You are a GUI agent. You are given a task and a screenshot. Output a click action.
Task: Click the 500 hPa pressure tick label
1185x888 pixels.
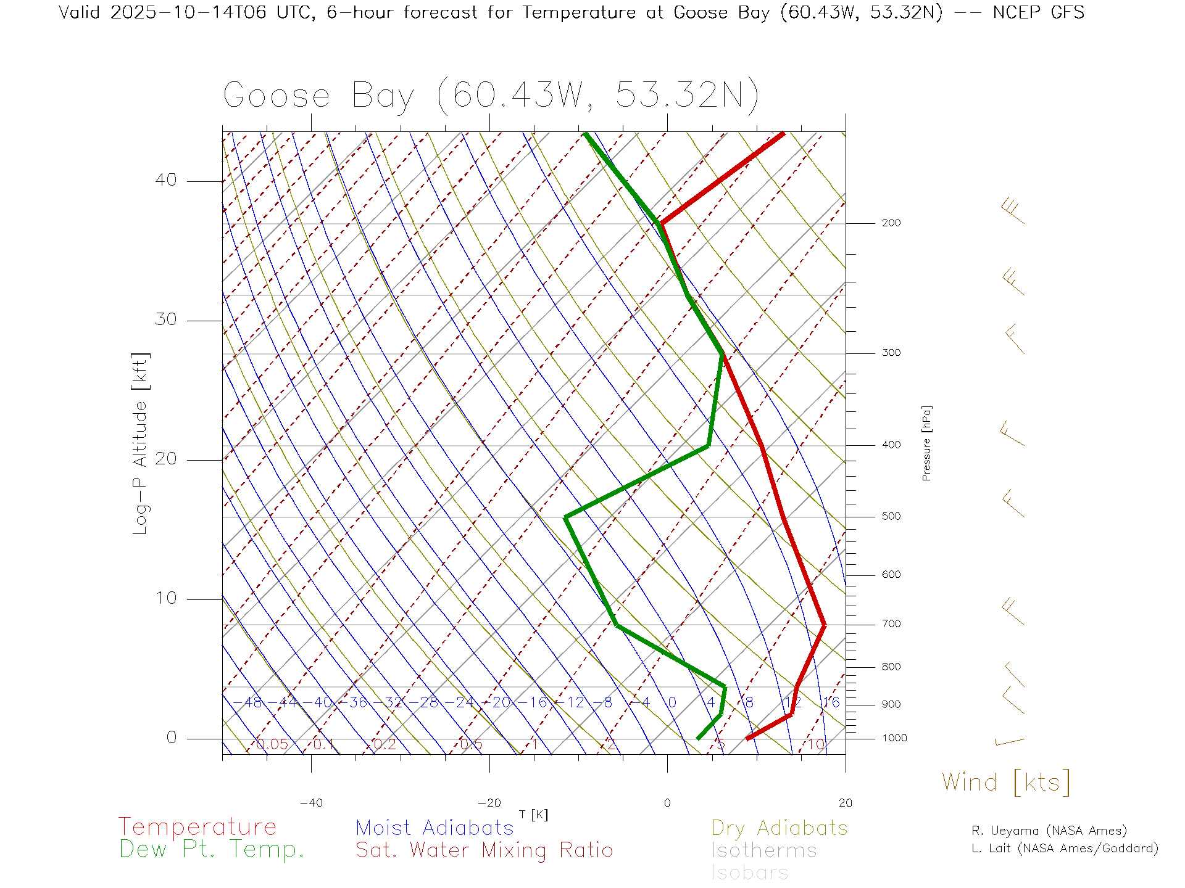pyautogui.click(x=891, y=516)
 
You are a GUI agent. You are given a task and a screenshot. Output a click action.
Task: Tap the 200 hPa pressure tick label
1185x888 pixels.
pyautogui.click(x=891, y=223)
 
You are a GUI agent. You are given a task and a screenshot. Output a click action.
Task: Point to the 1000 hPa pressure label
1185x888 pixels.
pyautogui.click(x=894, y=738)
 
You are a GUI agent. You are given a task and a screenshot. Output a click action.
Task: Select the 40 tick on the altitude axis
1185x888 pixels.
pyautogui.click(x=165, y=180)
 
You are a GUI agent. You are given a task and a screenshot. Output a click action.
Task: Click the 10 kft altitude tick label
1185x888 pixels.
pyautogui.click(x=165, y=598)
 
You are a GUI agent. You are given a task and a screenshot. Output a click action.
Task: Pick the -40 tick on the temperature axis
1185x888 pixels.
pyautogui.click(x=311, y=803)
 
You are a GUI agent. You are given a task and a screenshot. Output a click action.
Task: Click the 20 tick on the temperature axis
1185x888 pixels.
pyautogui.click(x=845, y=803)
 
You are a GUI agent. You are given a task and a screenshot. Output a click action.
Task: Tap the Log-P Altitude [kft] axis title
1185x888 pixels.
pyautogui.click(x=141, y=444)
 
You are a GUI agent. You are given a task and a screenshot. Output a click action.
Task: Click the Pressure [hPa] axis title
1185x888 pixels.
pyautogui.click(x=926, y=443)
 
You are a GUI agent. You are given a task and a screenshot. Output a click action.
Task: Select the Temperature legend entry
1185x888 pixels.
pyautogui.click(x=197, y=827)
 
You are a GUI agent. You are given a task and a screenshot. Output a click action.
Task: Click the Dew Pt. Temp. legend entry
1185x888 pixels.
pyautogui.click(x=212, y=850)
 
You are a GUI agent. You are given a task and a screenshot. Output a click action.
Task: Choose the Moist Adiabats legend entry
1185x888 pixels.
pyautogui.click(x=434, y=828)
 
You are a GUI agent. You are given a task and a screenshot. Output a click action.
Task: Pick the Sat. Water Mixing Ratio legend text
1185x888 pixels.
pyautogui.click(x=484, y=850)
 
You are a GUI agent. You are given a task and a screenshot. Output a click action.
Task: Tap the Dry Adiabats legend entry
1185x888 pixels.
pyautogui.click(x=779, y=828)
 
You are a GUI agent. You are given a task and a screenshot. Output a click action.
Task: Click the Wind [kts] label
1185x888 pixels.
pyautogui.click(x=1006, y=783)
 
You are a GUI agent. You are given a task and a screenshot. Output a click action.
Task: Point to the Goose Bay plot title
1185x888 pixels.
pyautogui.click(x=491, y=96)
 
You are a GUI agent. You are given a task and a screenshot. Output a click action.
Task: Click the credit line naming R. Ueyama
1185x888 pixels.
pyautogui.click(x=1049, y=831)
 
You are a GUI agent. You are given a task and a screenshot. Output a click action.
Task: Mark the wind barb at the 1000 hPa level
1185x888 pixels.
pyautogui.click(x=1010, y=742)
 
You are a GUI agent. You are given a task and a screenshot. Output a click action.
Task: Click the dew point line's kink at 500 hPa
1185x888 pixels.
pyautogui.click(x=566, y=517)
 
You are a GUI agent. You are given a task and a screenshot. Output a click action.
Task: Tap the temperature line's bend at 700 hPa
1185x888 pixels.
pyautogui.click(x=823, y=625)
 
